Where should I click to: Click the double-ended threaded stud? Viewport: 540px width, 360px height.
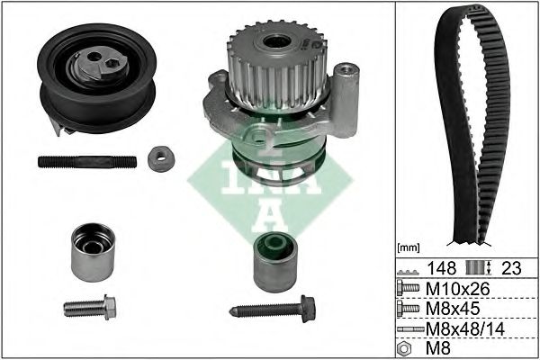point(87,162)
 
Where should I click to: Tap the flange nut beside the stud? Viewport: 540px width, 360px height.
point(161,158)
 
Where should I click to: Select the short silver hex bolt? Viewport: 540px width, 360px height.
point(90,307)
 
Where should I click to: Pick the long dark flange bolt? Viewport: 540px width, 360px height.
point(273,309)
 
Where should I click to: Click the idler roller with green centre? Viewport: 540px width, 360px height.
point(275,262)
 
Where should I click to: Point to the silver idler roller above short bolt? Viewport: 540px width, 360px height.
point(93,252)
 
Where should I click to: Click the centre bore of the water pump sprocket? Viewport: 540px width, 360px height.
point(276,42)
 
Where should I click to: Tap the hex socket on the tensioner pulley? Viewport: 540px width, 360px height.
point(112,63)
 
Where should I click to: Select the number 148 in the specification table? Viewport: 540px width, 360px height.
point(442,267)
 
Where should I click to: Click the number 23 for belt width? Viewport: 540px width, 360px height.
point(511,267)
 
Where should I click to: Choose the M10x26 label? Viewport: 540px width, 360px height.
point(458,289)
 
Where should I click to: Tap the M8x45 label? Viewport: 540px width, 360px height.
point(453,309)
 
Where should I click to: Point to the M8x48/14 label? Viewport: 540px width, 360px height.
point(465,329)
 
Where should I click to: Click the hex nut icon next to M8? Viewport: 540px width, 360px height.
point(404,348)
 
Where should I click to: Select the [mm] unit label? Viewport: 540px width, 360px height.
point(409,247)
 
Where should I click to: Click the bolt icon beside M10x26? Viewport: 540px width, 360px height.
point(408,288)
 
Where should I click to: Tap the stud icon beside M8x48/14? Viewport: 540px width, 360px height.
point(410,329)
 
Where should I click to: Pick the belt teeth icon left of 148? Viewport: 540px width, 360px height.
point(409,272)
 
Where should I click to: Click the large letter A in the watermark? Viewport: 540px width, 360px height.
point(270,216)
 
